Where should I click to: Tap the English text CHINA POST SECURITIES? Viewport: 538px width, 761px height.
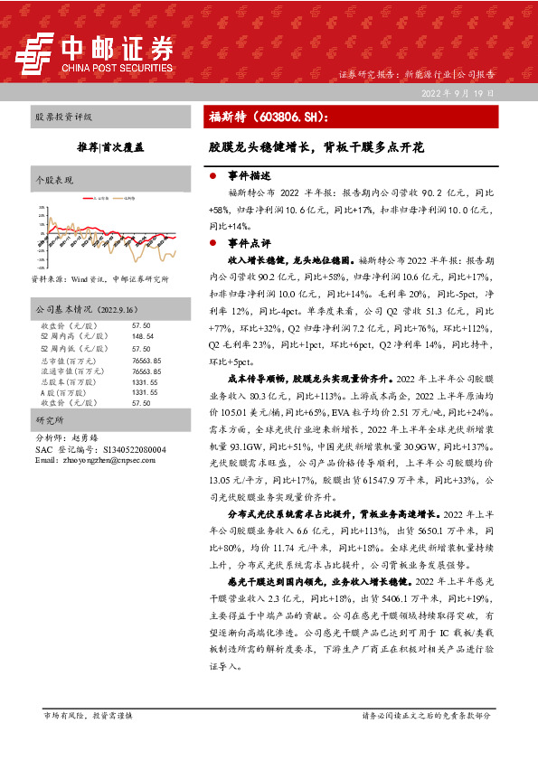coord(117,67)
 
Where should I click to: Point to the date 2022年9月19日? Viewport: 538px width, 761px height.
coord(457,94)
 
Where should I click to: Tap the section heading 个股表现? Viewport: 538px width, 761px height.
coord(54,181)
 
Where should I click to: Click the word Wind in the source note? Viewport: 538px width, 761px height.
coord(84,279)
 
